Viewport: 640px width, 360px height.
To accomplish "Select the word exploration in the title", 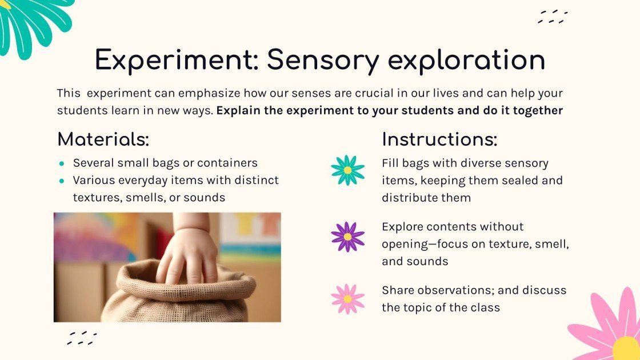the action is click(x=466, y=61).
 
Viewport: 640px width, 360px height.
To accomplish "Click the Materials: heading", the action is click(x=103, y=139).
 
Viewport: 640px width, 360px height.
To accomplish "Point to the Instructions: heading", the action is click(x=439, y=139).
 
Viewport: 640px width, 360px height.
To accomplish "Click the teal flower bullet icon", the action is click(x=348, y=170).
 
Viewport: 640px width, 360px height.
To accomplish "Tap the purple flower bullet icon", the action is click(x=348, y=237).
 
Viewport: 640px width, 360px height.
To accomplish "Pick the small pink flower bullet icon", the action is click(x=348, y=299).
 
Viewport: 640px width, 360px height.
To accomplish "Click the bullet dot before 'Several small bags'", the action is click(x=62, y=163).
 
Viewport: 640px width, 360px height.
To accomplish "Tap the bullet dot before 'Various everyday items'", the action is click(x=62, y=181).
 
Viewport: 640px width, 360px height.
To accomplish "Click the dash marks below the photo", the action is click(x=82, y=338).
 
